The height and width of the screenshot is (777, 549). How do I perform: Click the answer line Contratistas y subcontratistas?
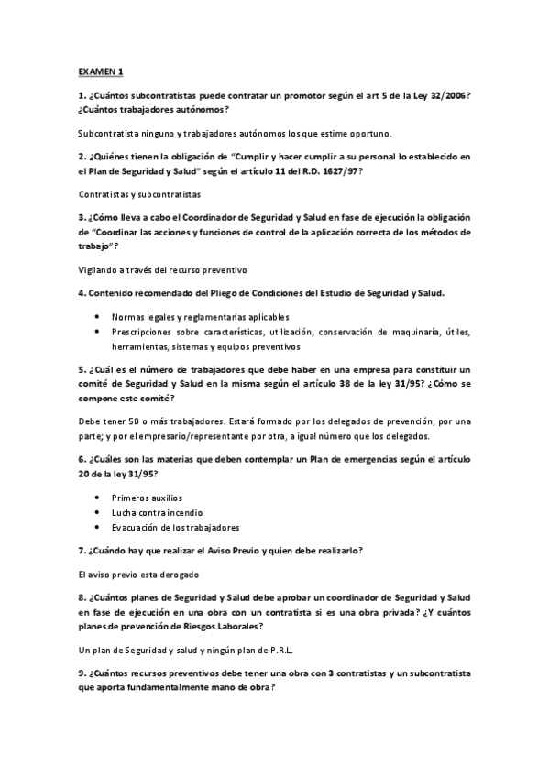coord(139,195)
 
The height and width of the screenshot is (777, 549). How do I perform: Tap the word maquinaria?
coord(419,332)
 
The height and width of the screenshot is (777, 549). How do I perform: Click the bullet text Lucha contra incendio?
coord(157,512)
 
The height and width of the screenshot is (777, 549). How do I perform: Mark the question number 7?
coord(82,551)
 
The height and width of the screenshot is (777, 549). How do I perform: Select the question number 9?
coord(82,673)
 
